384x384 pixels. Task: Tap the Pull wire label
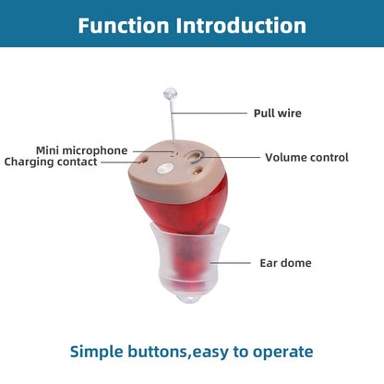(277, 114)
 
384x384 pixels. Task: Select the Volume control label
(306, 158)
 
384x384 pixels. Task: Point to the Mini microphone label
(81, 150)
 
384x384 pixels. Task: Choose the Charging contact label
(63, 162)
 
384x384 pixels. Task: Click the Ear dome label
(285, 263)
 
